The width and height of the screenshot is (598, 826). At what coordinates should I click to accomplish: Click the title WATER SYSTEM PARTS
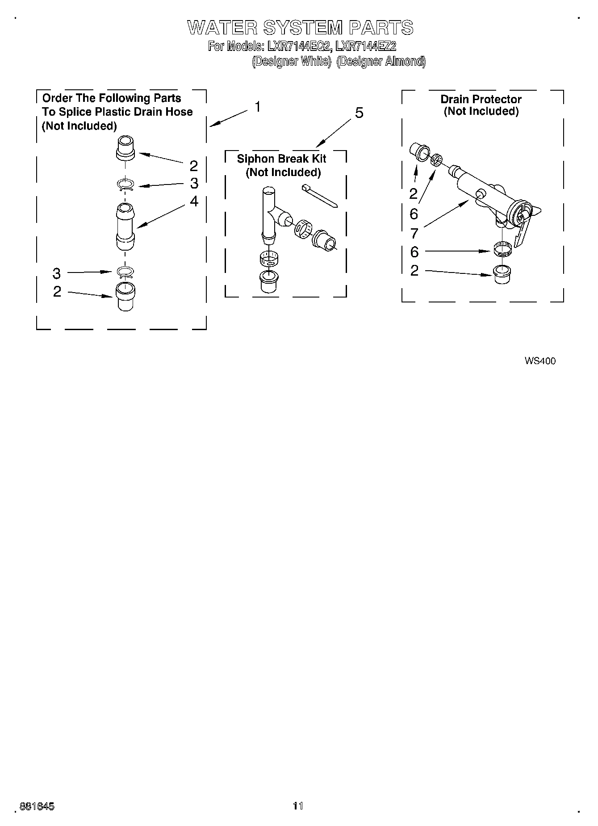[300, 28]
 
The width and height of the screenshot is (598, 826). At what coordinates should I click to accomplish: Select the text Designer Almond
[381, 61]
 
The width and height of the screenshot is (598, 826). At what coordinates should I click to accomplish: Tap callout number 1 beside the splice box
[258, 107]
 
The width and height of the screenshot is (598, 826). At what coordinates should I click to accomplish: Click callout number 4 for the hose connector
[193, 201]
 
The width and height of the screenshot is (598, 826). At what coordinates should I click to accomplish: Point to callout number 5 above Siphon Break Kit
[359, 113]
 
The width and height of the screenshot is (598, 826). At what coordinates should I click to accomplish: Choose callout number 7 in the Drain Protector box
[414, 233]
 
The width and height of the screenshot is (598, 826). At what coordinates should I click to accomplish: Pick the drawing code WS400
[540, 361]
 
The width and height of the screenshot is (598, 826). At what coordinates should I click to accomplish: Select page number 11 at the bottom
[298, 806]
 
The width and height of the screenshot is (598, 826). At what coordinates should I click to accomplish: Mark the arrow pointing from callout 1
[228, 118]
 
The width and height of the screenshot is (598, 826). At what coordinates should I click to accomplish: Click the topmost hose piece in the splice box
[125, 148]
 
